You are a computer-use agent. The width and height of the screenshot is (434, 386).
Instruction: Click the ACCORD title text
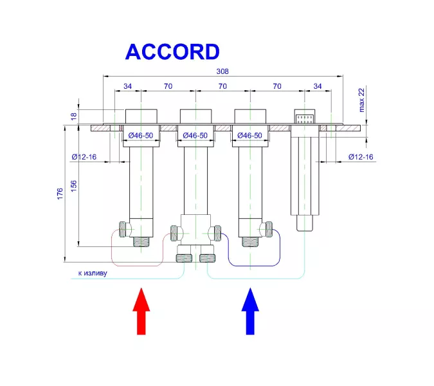[172, 51]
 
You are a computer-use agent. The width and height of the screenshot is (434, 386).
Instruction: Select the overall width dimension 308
[223, 71]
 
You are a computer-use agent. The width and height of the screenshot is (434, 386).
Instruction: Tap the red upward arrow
[141, 311]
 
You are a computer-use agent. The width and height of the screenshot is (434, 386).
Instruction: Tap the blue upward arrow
[250, 311]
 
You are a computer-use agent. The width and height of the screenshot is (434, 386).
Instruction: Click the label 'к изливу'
[93, 273]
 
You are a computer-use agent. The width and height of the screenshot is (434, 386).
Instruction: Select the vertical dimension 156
[74, 184]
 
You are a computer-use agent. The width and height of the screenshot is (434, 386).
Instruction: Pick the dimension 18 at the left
[74, 116]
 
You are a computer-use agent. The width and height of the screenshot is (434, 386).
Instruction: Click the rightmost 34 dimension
[318, 86]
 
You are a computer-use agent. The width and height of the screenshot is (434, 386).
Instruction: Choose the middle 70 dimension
[222, 86]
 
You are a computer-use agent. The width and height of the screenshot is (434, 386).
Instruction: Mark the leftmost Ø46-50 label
[140, 136]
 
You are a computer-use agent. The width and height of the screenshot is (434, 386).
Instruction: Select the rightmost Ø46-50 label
[249, 136]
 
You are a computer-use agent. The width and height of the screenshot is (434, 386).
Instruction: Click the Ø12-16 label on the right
[361, 156]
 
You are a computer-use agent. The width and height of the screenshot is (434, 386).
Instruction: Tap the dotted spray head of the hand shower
[303, 118]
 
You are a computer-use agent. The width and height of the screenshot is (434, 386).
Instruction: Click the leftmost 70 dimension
[168, 86]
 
